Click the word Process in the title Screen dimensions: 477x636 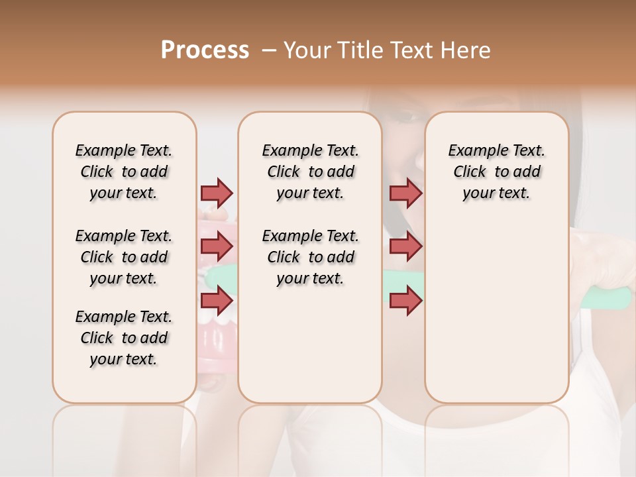[x=205, y=50]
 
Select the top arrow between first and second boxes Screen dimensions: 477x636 [x=217, y=193]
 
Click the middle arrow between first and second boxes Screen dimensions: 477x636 [x=217, y=246]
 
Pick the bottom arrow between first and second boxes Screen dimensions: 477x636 [x=217, y=300]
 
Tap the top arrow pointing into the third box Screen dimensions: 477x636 [x=405, y=193]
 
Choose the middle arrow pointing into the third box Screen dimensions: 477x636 [x=405, y=246]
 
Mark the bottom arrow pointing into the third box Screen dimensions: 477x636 [x=405, y=300]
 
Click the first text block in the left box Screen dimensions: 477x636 [x=124, y=172]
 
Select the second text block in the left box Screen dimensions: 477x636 [x=124, y=257]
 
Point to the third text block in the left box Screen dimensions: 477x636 [x=124, y=338]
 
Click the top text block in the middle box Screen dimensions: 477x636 [x=310, y=172]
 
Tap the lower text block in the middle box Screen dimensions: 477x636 [x=310, y=257]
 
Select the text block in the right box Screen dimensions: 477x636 [x=496, y=172]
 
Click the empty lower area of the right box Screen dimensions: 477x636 [x=496, y=311]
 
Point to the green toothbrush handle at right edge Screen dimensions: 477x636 [x=606, y=299]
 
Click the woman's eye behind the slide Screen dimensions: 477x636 [x=405, y=117]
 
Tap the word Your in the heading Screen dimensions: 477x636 [x=309, y=50]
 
